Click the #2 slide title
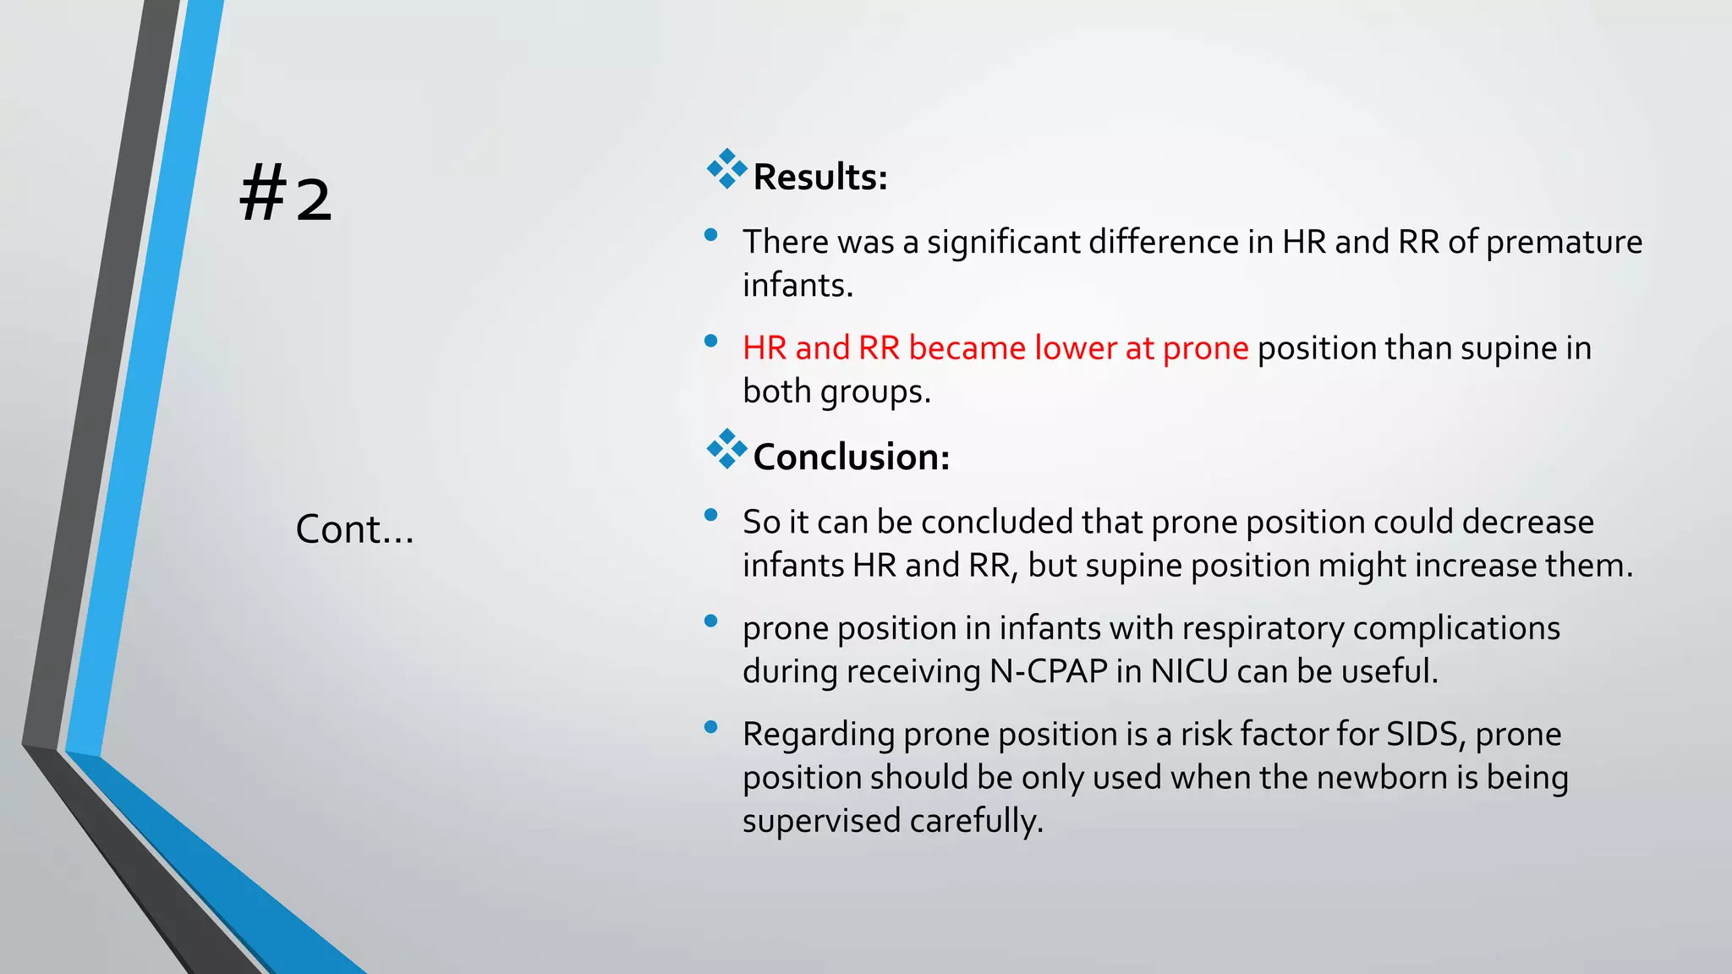click(286, 196)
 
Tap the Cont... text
click(354, 529)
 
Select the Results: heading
click(819, 177)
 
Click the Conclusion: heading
click(851, 457)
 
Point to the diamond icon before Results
click(726, 169)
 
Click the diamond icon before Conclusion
click(726, 449)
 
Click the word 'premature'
click(1564, 243)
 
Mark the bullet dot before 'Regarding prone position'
click(710, 726)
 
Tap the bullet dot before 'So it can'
click(710, 514)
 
